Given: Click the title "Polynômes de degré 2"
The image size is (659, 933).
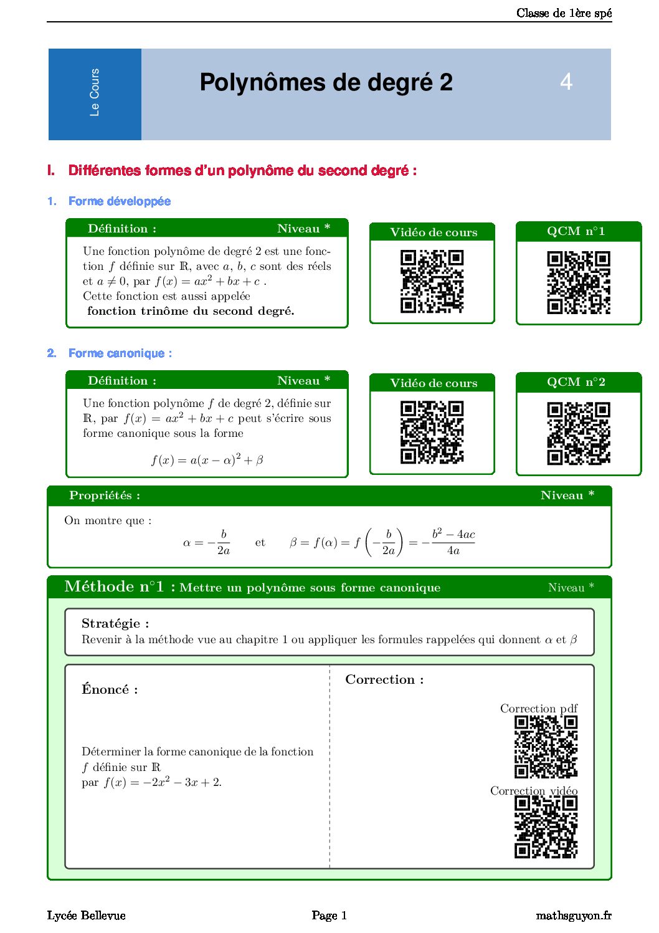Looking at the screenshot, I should click(x=326, y=83).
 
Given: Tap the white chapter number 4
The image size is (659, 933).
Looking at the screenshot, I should click(x=566, y=82).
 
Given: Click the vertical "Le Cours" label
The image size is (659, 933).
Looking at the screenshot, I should click(x=95, y=92).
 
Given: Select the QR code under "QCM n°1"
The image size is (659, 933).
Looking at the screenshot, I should click(x=578, y=282).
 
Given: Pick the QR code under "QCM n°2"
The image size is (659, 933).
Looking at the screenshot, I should click(x=578, y=433).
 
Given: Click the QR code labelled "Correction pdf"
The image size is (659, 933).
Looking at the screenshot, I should click(x=546, y=747).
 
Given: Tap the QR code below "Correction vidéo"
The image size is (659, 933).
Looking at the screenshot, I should click(x=546, y=827).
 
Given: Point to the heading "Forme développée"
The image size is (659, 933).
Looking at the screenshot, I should click(x=119, y=201).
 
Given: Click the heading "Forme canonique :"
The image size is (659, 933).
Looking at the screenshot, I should click(x=120, y=353).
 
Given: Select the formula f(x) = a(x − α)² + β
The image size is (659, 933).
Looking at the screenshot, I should click(x=207, y=461).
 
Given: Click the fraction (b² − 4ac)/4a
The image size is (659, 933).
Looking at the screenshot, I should click(x=453, y=542).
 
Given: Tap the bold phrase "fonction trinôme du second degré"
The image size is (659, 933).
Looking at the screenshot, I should click(x=191, y=311).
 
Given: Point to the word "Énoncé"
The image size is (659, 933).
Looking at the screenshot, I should click(x=110, y=689).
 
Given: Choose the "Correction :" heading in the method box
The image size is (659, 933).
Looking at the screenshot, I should click(x=384, y=680).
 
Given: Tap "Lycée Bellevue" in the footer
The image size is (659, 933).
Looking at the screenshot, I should click(x=87, y=916).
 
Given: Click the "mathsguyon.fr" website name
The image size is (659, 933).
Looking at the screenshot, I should click(x=573, y=916).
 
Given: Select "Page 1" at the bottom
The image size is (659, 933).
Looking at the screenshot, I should click(x=329, y=916).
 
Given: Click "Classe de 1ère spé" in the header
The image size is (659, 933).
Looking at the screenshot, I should click(x=564, y=13).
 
